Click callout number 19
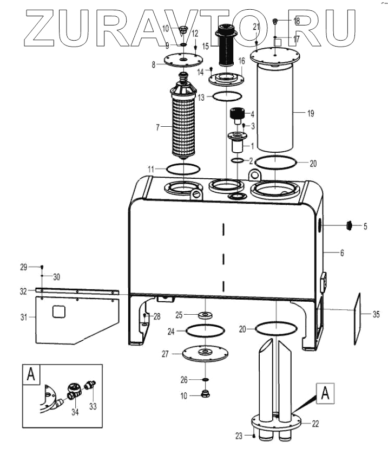[x=310, y=113]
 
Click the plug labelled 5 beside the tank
[x=350, y=225]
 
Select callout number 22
[x=315, y=423]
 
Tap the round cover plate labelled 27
[x=205, y=353]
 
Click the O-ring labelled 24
[x=205, y=329]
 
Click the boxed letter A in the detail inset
[x=32, y=374]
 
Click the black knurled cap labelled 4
[x=236, y=114]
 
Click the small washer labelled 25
[x=205, y=314]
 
